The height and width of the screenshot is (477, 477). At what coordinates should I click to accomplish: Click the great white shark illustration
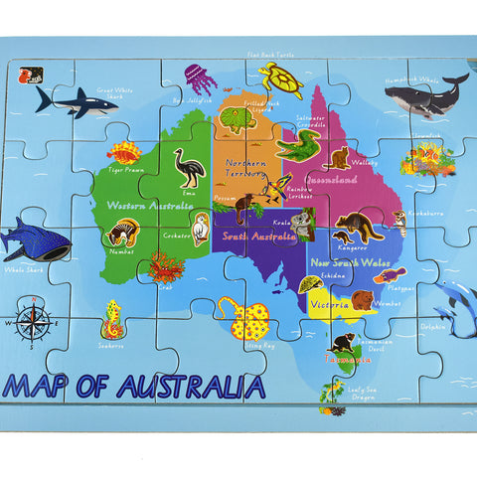click(x=76, y=100)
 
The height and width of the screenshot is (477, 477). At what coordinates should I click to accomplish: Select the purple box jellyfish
click(x=200, y=78)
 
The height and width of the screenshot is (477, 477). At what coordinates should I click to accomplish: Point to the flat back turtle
click(x=280, y=79)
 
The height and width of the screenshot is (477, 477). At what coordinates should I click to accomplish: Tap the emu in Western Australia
click(x=189, y=168)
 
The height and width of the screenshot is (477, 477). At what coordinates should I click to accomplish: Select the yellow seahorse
click(x=112, y=321)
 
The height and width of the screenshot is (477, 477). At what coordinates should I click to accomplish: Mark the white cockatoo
click(x=202, y=229)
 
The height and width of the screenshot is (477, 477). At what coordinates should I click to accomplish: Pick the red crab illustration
click(x=166, y=266)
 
